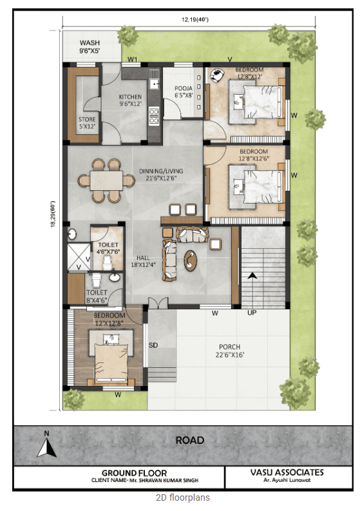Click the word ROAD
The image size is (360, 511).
point(190,441)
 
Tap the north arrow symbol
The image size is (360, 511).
point(47,445)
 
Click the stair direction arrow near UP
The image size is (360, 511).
point(252,276)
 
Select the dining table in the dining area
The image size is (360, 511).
point(106,180)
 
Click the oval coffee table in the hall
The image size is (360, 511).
point(190,260)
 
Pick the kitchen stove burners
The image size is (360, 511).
point(154,116)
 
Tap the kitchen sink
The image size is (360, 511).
point(155,83)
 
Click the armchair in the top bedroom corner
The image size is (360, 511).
point(216,75)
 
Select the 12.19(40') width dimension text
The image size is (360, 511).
point(195,19)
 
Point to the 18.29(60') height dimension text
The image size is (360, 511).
point(52,214)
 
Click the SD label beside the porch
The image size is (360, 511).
point(153,345)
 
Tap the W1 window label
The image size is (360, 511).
point(132,59)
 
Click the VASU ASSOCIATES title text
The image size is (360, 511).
point(287,472)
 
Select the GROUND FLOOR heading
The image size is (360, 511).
point(134,473)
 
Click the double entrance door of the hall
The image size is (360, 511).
point(158,303)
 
